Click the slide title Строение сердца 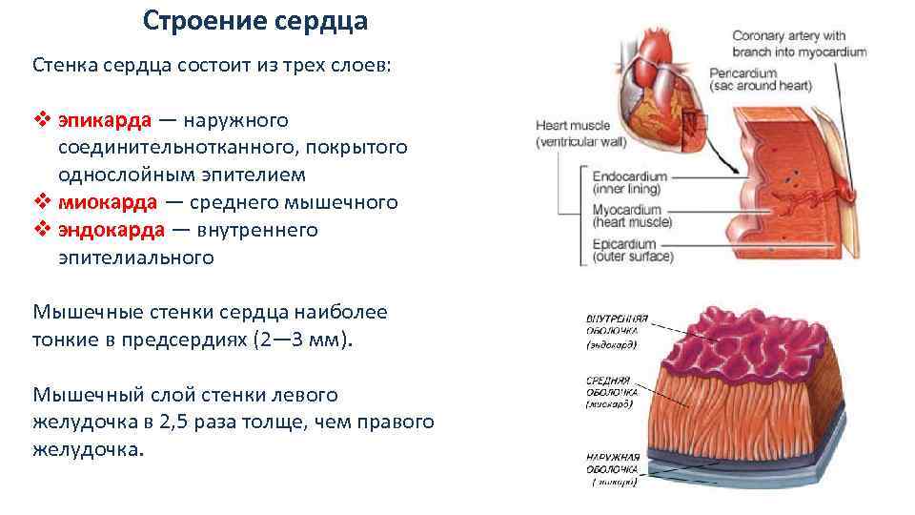pos(255,21)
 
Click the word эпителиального pos(136,257)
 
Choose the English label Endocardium pos(630,177)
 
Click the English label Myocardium pos(627,210)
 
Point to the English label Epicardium pos(627,242)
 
